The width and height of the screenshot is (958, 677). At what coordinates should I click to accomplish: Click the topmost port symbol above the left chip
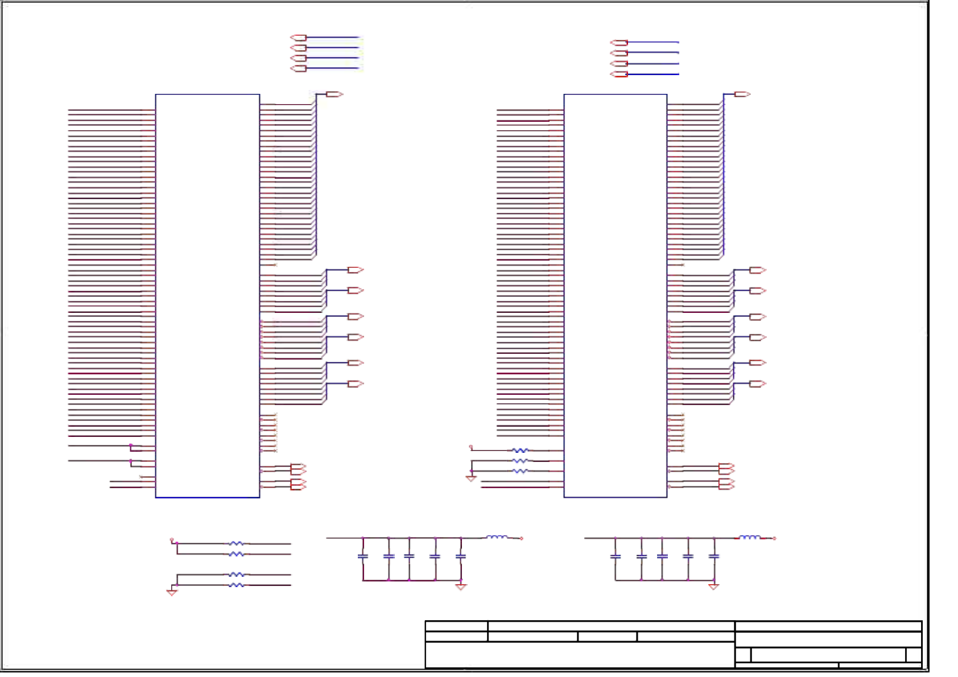[x=298, y=38]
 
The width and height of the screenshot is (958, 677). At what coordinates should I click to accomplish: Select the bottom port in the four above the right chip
[x=619, y=74]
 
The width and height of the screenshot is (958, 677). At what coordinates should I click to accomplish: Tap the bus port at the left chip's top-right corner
[x=334, y=94]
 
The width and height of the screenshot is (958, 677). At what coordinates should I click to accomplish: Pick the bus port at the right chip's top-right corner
[x=742, y=94]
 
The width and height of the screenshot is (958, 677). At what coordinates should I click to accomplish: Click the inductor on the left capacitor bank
[x=497, y=537]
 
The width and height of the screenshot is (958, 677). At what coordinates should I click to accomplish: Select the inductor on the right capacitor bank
[x=749, y=537]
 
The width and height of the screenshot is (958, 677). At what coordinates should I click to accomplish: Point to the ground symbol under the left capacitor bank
[x=461, y=587]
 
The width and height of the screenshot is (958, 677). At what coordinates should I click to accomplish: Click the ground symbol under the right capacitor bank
[x=713, y=587]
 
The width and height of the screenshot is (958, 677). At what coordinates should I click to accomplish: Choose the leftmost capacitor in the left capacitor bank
[x=363, y=556]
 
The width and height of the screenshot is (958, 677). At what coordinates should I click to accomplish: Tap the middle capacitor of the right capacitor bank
[x=662, y=556]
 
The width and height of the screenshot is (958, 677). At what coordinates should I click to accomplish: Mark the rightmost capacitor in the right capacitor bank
[x=714, y=556]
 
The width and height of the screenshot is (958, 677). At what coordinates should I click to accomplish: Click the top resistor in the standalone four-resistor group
[x=236, y=544]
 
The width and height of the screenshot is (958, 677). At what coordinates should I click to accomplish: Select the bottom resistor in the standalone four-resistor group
[x=236, y=585]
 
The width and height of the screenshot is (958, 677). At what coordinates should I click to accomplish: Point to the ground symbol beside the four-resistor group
[x=172, y=592]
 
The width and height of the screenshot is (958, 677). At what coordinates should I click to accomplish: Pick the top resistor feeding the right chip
[x=520, y=451]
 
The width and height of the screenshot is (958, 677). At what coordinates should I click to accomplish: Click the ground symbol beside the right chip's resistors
[x=471, y=478]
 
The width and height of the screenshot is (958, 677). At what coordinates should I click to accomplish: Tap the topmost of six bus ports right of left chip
[x=356, y=270]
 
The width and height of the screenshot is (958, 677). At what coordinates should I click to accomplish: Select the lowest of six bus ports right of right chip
[x=758, y=384]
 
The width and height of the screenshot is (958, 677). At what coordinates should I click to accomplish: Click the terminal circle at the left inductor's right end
[x=522, y=538]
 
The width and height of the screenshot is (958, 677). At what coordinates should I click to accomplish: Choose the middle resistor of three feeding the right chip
[x=520, y=461]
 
